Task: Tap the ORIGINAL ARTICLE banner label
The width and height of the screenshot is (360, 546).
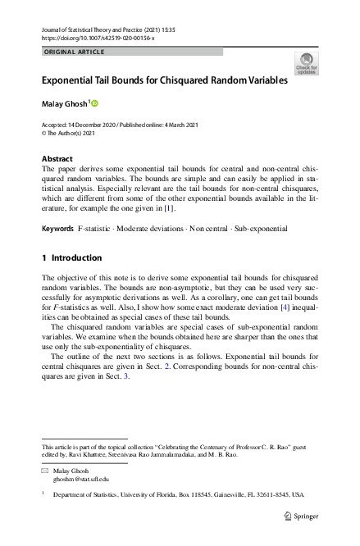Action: tap(73, 52)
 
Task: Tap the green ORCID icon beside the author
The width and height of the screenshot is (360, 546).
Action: tap(94, 103)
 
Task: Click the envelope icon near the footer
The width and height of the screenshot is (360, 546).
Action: tap(45, 471)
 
